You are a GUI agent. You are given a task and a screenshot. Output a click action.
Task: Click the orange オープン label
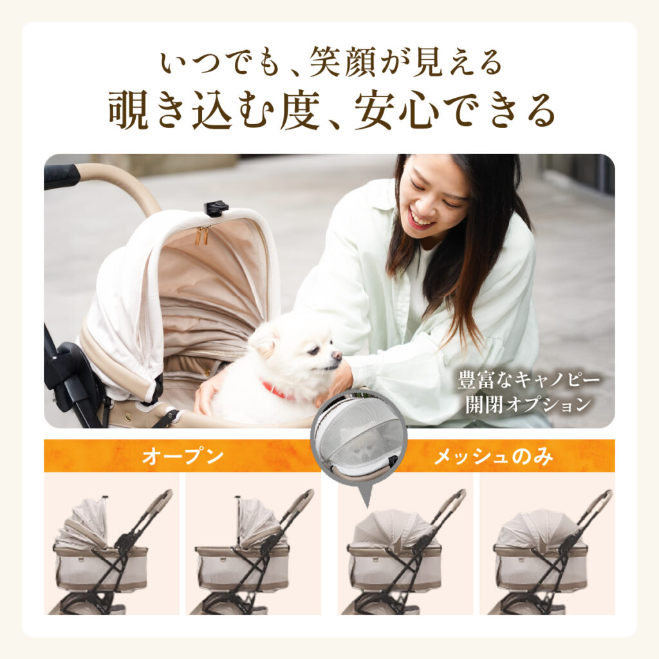183,457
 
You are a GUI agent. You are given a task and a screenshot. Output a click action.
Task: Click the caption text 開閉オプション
528,404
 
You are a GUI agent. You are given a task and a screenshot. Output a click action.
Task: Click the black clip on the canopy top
216,208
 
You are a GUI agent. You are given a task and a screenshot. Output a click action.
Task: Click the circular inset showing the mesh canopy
358,436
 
